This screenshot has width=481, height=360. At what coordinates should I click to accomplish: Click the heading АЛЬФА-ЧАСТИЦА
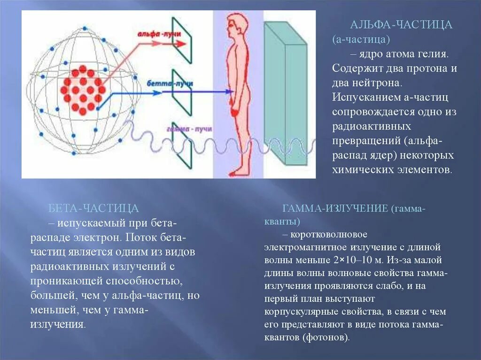click(401, 25)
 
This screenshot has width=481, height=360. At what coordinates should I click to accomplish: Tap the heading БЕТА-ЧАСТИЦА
click(93, 208)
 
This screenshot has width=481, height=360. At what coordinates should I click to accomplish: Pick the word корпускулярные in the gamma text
click(294, 311)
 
